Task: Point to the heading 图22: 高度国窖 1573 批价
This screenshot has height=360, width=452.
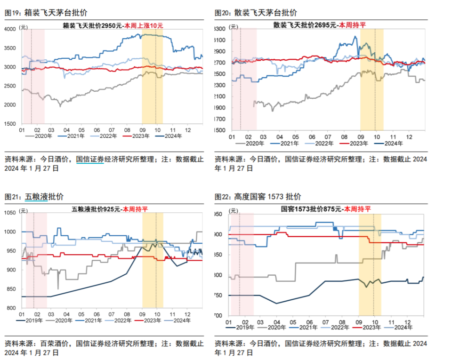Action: tap(258, 197)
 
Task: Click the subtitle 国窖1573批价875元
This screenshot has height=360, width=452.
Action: tap(311, 208)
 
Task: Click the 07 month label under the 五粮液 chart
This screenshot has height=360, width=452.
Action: tap(112, 313)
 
